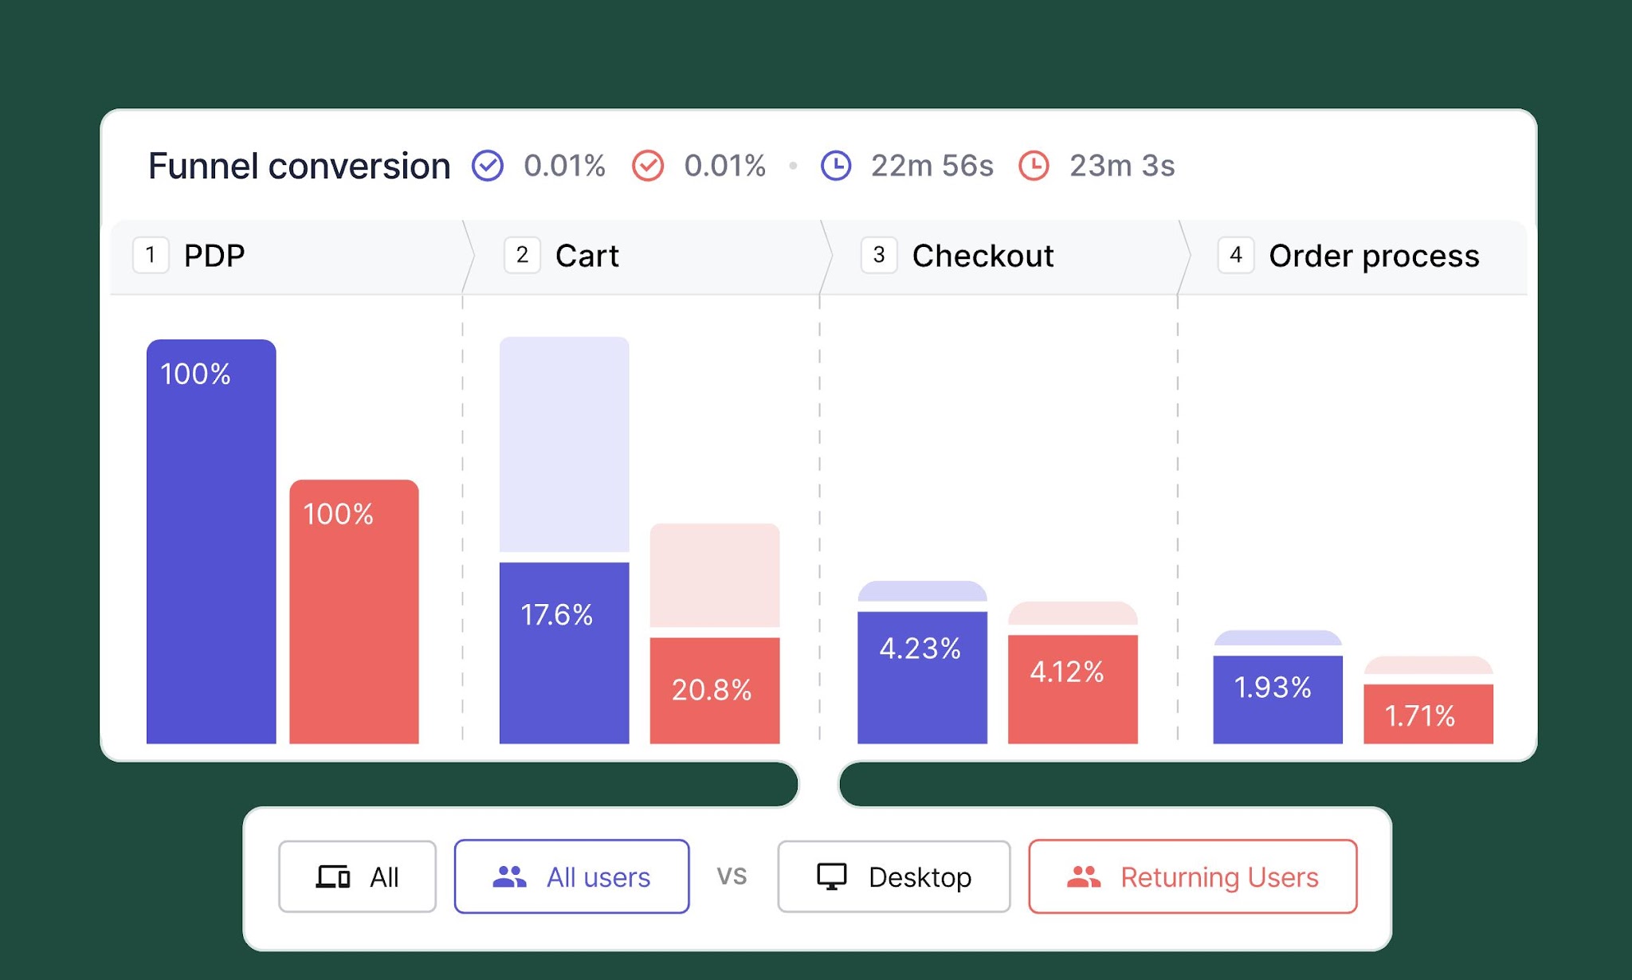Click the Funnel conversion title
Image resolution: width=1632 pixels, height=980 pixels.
(x=299, y=166)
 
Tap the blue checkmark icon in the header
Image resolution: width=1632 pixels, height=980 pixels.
(x=488, y=166)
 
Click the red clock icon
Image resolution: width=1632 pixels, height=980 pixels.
(x=1034, y=166)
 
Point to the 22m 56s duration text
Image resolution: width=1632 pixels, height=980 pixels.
(x=932, y=166)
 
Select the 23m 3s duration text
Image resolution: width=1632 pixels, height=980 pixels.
(x=1122, y=166)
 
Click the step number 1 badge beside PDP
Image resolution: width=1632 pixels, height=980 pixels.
(x=151, y=255)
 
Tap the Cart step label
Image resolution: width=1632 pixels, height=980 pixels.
(x=587, y=256)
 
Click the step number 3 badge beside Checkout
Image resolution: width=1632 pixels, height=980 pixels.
(x=879, y=255)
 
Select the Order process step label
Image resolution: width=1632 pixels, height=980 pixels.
(x=1374, y=256)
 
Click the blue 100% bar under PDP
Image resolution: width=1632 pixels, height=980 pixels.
(x=211, y=542)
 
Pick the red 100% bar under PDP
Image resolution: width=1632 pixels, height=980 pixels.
(x=354, y=612)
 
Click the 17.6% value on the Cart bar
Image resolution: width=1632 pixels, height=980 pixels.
(x=556, y=614)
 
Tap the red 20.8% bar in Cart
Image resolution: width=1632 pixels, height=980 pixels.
(x=715, y=691)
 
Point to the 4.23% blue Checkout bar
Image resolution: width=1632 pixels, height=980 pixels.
(x=922, y=678)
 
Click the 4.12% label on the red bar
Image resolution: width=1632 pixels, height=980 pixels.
(x=1067, y=672)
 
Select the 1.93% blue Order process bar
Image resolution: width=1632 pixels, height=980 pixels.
(x=1278, y=700)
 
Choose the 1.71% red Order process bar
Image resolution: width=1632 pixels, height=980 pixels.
(x=1429, y=714)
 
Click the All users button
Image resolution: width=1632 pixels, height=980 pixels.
(x=571, y=876)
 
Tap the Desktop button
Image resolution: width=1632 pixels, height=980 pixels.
(x=894, y=876)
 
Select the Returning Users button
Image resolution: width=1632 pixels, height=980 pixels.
(x=1193, y=876)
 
